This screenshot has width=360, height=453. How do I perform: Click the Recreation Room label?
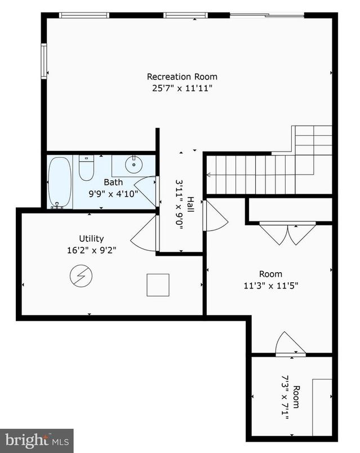click(x=182, y=77)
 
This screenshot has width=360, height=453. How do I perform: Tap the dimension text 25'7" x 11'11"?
click(x=182, y=88)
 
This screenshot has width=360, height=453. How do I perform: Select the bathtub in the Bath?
click(x=60, y=182)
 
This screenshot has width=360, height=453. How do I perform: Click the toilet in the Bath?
click(x=86, y=168)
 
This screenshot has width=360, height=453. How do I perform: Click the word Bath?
click(x=113, y=182)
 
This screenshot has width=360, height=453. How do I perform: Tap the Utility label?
click(x=91, y=238)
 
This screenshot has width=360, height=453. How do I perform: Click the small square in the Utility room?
click(x=158, y=285)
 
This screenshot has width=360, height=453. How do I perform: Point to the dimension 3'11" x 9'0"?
click(x=180, y=208)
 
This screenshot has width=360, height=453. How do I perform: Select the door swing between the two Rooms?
click(x=288, y=345)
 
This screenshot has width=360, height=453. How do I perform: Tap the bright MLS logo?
click(x=37, y=440)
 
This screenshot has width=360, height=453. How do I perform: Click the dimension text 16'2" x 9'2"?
click(x=91, y=250)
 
